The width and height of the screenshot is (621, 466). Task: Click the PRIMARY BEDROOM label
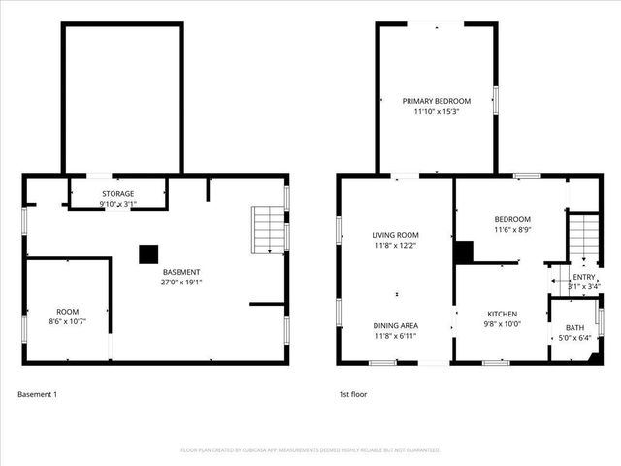point(437,101)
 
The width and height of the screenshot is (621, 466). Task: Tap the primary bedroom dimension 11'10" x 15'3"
point(437,112)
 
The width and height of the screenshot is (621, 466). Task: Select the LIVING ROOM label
point(395,235)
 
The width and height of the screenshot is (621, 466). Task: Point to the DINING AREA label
point(395,325)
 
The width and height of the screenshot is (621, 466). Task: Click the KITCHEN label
point(502,314)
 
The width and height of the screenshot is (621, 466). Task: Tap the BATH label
point(575,327)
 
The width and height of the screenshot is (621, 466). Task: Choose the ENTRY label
point(584,277)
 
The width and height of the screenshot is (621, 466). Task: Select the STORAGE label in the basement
point(118,194)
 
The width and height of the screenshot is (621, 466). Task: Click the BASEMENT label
point(181,272)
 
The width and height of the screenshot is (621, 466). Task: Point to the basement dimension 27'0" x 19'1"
point(181,283)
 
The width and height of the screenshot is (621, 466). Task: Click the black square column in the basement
point(147,253)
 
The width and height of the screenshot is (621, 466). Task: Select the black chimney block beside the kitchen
point(464,252)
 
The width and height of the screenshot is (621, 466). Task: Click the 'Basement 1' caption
point(38,394)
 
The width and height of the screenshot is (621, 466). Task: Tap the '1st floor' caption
point(352,394)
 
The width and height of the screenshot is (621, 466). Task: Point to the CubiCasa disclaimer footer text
point(310,450)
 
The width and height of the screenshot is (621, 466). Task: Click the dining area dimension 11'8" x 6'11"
point(395,336)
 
